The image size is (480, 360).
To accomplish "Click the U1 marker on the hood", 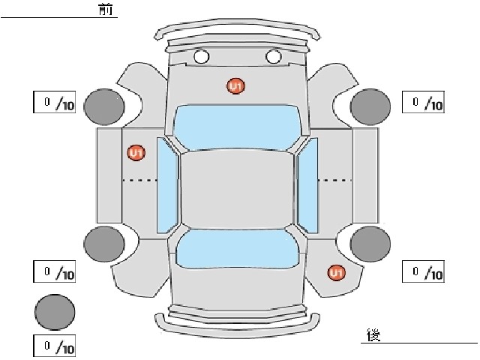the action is pos(235,86).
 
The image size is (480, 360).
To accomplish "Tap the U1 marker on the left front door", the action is pos(136,153).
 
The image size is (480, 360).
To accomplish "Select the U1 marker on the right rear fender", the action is pos(337,273).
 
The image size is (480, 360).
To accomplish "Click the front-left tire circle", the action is pos(104,106).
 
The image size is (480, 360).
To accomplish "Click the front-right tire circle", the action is pos(370,106).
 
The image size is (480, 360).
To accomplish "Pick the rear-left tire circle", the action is pos(104,244).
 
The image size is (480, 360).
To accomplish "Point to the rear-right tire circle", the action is pos(370,244).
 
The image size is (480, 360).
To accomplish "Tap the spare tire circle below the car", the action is pos(55,312).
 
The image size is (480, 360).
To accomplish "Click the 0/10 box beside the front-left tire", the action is pos(55,102).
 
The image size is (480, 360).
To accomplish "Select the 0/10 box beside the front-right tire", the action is pos(423,102).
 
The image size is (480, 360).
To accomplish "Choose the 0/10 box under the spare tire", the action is pos(55,346).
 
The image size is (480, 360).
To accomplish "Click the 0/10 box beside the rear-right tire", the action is pos(423,271).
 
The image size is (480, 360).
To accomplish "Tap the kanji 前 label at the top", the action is pos(106,10).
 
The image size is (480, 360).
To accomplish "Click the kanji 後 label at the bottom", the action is pos(373,335).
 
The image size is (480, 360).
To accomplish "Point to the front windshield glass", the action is pos(236,127).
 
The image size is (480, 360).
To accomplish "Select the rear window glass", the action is pos(237,249).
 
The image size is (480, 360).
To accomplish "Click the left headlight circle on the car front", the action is pos(202,57).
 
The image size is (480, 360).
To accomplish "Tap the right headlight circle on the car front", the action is pos(273,57).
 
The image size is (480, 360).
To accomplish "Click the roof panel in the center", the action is pos(237,190).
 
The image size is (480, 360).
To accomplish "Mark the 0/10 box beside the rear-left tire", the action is pos(55,271).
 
